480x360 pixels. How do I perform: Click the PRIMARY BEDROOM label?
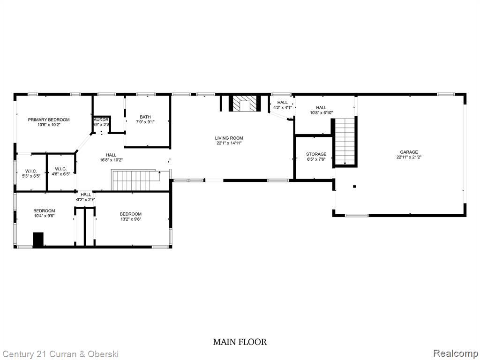48,120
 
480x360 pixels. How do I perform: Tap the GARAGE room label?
409,152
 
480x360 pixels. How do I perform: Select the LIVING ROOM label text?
229,138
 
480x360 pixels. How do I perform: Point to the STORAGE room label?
316,154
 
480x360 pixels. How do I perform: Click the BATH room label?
145,117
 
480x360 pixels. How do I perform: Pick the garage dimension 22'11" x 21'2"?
409,157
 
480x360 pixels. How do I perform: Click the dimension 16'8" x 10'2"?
111,160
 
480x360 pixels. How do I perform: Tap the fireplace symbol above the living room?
244,104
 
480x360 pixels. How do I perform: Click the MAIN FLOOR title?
240,342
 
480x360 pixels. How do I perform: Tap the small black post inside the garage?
354,187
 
